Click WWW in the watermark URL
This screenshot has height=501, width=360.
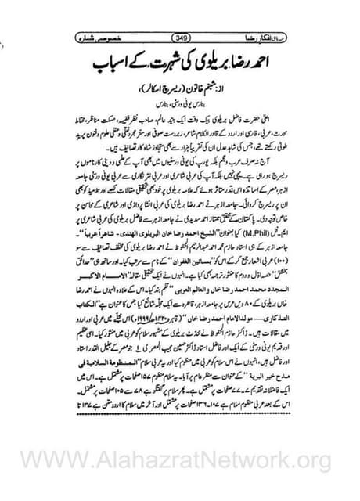coord(54,461)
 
